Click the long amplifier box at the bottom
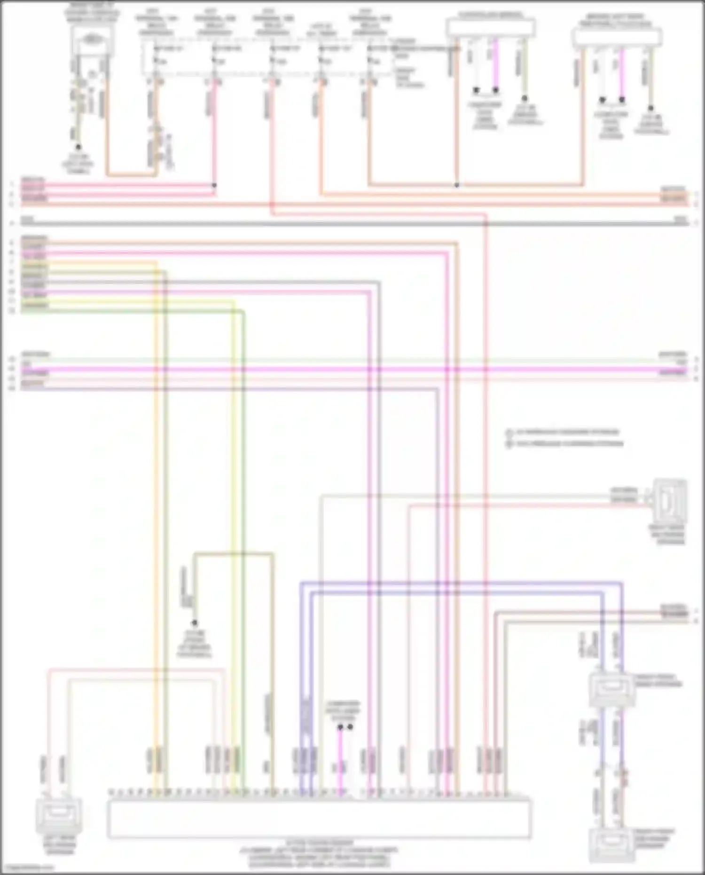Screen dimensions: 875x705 point(320,819)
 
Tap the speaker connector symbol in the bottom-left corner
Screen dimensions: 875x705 point(59,813)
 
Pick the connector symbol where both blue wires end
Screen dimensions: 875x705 point(611,688)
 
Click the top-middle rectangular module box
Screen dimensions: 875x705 point(490,28)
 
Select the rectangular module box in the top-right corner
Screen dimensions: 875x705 point(617,37)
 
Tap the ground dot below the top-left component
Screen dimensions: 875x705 point(78,147)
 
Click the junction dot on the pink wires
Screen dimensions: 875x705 point(214,185)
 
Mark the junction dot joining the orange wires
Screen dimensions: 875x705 point(456,185)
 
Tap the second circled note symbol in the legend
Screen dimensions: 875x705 point(509,444)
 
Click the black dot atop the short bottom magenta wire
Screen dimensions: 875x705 point(340,727)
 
